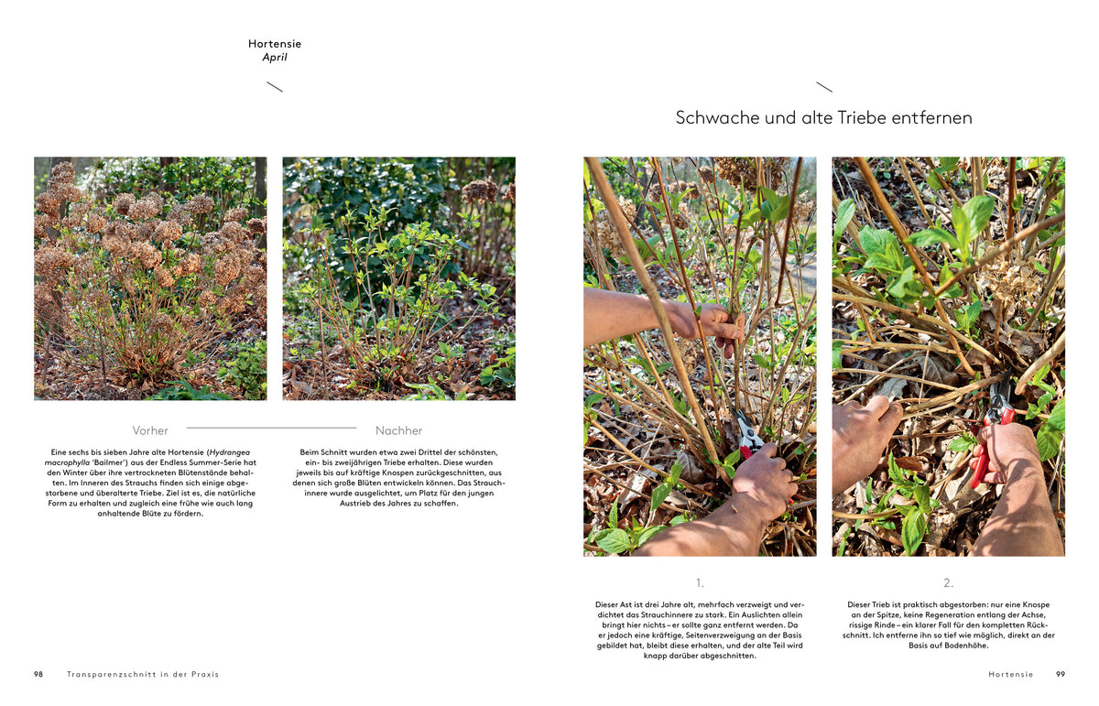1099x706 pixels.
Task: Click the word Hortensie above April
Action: click(x=275, y=44)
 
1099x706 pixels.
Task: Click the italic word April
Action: click(x=275, y=58)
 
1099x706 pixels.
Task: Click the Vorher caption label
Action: click(x=150, y=430)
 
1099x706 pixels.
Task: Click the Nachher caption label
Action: click(x=399, y=430)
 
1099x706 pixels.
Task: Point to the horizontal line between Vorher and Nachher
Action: click(x=271, y=428)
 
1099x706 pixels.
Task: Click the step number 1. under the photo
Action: click(x=700, y=583)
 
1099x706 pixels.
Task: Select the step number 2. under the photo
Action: click(x=949, y=583)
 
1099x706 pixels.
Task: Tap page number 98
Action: click(x=38, y=674)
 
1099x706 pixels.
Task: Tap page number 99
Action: click(x=1061, y=674)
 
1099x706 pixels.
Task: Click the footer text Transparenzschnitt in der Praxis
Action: click(x=143, y=674)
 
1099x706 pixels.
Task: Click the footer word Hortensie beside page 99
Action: click(x=1011, y=674)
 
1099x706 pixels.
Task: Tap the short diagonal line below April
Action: click(x=275, y=87)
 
